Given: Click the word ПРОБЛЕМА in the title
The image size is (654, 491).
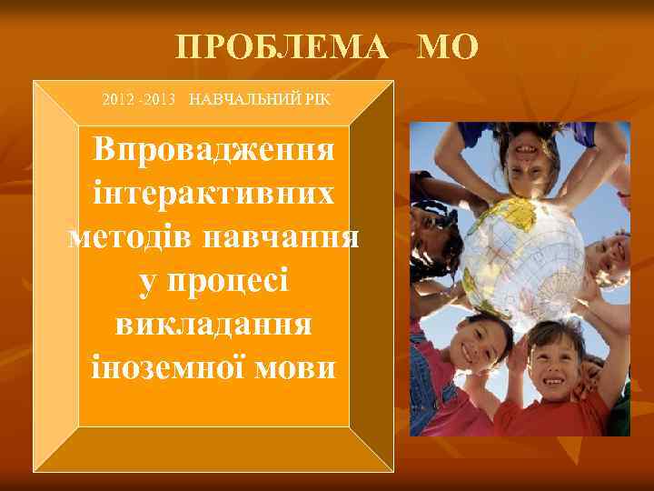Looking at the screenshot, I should point(282,47).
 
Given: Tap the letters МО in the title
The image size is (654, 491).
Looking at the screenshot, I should point(446,47).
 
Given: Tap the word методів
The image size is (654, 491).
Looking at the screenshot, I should point(131,238).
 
